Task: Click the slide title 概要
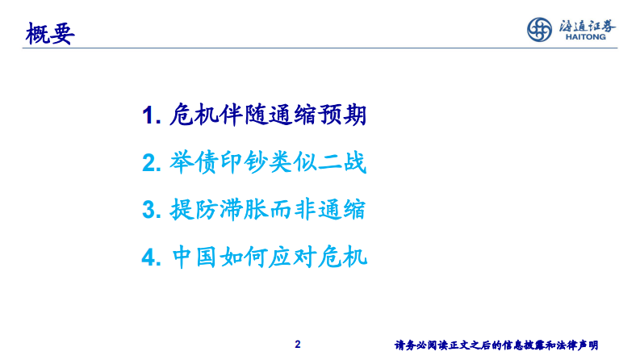(x=50, y=35)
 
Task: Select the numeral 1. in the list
(x=151, y=116)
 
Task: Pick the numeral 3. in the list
(x=151, y=211)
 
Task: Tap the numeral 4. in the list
(x=151, y=259)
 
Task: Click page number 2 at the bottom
(x=298, y=345)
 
